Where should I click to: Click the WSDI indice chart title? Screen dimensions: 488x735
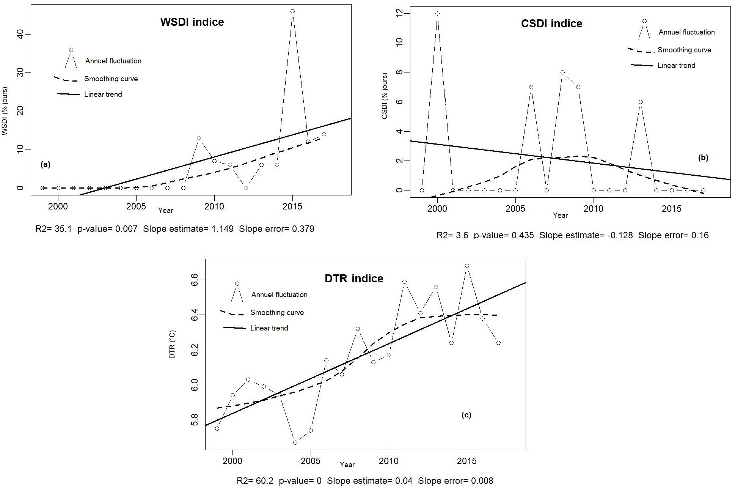192,22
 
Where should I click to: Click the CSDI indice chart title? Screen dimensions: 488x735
551,24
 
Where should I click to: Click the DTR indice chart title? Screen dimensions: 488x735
354,279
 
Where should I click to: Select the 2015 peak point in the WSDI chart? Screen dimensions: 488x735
292,11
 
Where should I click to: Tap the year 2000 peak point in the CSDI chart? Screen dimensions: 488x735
437,13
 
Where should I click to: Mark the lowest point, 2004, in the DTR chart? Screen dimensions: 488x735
295,442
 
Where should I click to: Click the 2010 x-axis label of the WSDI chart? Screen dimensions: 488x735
214,207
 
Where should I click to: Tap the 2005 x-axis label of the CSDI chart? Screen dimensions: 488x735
515,209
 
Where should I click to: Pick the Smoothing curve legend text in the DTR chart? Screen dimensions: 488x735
277,313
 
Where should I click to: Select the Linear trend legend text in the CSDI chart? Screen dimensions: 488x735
676,66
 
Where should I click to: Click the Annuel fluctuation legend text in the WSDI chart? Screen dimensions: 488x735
113,61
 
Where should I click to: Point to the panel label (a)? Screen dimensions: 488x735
45,164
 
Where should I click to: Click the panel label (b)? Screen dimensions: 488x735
703,157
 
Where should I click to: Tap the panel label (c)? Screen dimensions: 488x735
466,415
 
